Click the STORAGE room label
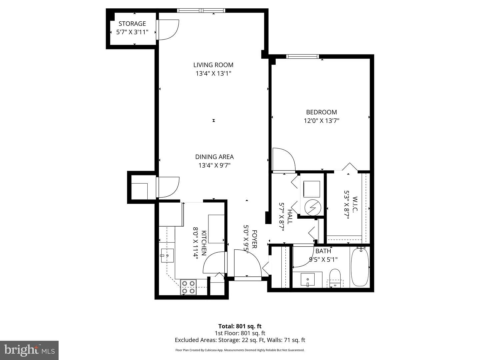(132, 24)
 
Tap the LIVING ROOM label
(213, 65)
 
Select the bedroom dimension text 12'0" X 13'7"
(321, 121)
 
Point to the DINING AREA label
(214, 157)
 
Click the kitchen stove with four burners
(188, 287)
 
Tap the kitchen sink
(167, 255)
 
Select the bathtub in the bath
(360, 267)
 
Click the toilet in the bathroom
(335, 278)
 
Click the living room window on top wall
(201, 10)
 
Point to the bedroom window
(303, 56)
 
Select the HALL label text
(289, 217)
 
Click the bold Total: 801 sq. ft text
(240, 326)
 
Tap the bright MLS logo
(29, 350)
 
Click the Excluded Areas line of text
(240, 340)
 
